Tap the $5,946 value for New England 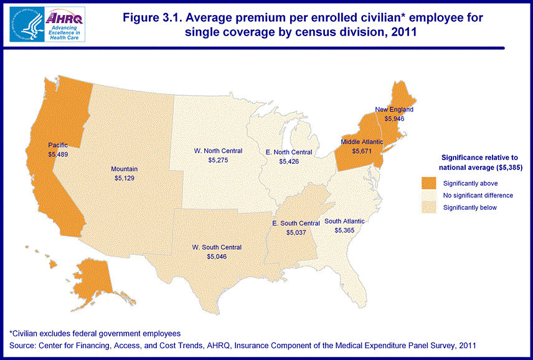click(394, 118)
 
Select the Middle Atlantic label click(362, 142)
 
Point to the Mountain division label click(125, 169)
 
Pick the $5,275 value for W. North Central click(218, 160)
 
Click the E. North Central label click(289, 152)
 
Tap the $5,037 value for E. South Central click(296, 232)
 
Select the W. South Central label click(217, 247)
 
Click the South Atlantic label click(344, 221)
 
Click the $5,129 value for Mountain click(125, 178)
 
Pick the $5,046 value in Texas click(217, 256)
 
